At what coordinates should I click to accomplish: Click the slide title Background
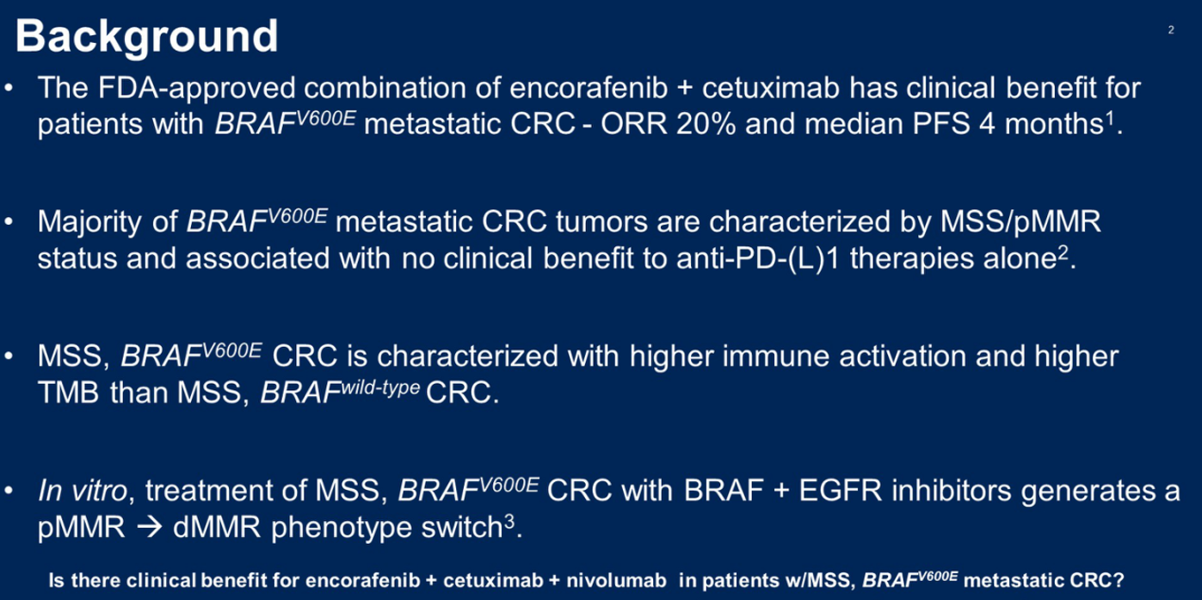click(146, 36)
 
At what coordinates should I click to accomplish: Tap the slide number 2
click(1171, 30)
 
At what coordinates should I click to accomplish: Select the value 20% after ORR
click(706, 124)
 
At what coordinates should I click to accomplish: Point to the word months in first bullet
click(1054, 124)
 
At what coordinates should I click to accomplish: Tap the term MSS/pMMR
click(1020, 221)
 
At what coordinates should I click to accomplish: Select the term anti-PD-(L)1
click(758, 258)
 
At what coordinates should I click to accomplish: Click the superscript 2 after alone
click(1063, 252)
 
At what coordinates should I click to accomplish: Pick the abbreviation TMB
click(68, 393)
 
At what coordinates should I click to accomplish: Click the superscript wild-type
click(380, 387)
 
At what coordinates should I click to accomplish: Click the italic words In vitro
click(83, 491)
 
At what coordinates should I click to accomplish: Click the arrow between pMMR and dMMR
click(149, 528)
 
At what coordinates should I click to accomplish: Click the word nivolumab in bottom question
click(617, 581)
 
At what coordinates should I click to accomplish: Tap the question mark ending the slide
click(1118, 580)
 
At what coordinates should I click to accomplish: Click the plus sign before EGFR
click(781, 492)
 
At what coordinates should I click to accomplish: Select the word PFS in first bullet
click(941, 124)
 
